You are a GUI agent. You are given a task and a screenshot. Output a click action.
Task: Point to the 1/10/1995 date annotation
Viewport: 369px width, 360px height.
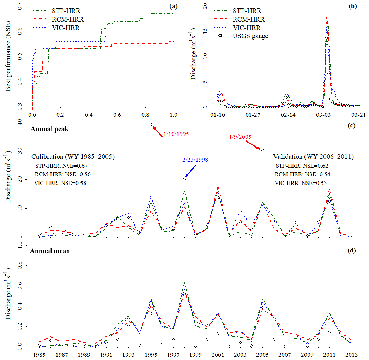pyautogui.click(x=176, y=134)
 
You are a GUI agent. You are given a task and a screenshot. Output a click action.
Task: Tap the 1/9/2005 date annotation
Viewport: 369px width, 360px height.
pyautogui.click(x=240, y=136)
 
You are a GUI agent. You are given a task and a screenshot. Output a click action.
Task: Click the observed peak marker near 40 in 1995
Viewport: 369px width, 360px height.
pyautogui.click(x=151, y=125)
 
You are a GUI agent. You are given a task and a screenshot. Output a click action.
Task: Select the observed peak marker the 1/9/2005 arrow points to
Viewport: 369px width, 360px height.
pyautogui.click(x=262, y=150)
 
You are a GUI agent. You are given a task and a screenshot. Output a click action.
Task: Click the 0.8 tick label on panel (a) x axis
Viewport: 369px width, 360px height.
pyautogui.click(x=145, y=115)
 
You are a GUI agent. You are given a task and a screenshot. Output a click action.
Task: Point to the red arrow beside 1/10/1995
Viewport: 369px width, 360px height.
pyautogui.click(x=157, y=130)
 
